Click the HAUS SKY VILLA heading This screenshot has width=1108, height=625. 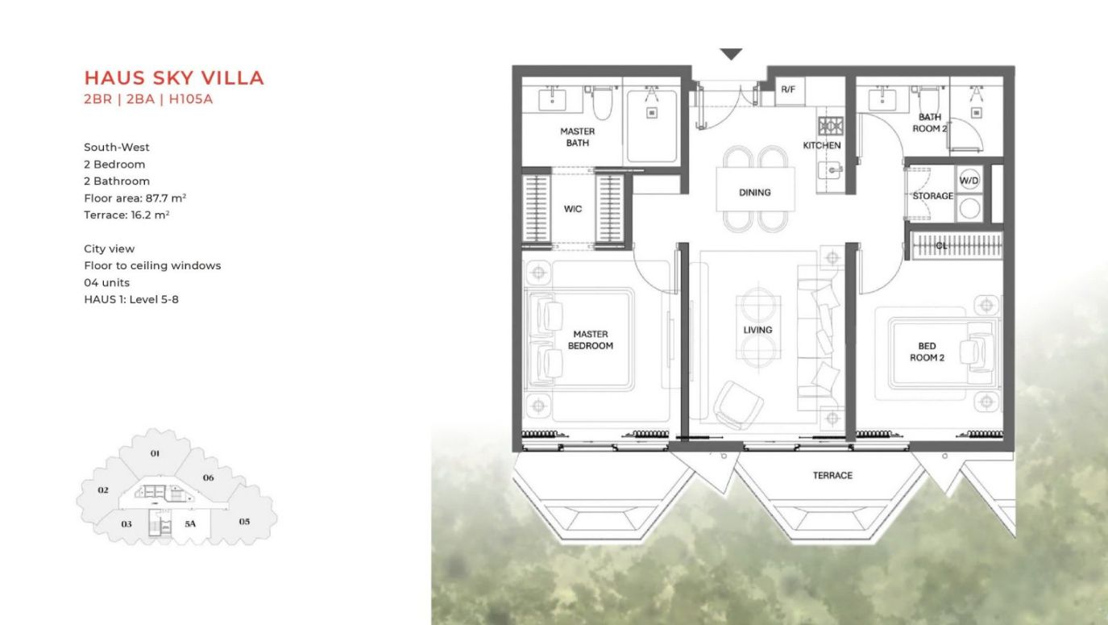tap(174, 78)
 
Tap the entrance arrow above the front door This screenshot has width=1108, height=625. tap(731, 53)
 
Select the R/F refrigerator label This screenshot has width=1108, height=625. tap(788, 90)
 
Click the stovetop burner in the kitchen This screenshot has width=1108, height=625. tap(831, 126)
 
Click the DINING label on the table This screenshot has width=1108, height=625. tap(755, 193)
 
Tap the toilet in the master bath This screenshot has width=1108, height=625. tap(601, 103)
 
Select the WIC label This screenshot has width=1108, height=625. tap(573, 209)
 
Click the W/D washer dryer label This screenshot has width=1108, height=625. tap(969, 181)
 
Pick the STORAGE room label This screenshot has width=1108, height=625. tap(932, 196)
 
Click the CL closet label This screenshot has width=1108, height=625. tap(941, 245)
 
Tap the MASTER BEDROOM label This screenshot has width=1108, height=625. tap(591, 340)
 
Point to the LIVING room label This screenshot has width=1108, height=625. tap(757, 330)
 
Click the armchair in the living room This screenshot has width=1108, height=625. tap(737, 404)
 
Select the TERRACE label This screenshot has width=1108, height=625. tap(832, 476)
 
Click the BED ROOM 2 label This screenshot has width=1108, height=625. tap(927, 352)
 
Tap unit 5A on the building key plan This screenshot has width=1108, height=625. tap(190, 523)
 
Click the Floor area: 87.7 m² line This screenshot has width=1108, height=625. tap(135, 198)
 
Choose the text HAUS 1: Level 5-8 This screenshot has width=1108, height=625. tap(131, 299)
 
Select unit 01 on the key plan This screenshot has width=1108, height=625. tap(155, 453)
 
